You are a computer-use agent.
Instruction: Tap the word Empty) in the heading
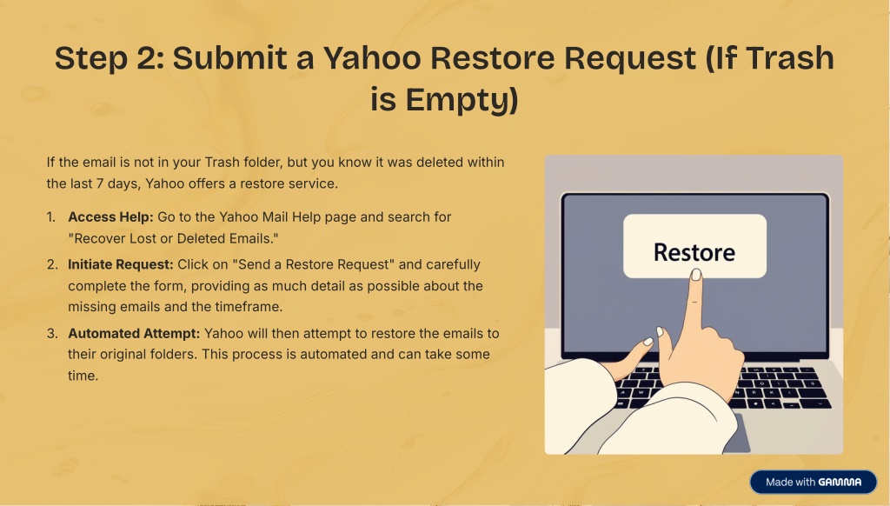pyautogui.click(x=462, y=100)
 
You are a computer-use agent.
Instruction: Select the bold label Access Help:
pyautogui.click(x=110, y=217)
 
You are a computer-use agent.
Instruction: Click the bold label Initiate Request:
pyautogui.click(x=121, y=264)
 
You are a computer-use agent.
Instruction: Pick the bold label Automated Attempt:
pyautogui.click(x=134, y=333)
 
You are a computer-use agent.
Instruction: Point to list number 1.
pyautogui.click(x=51, y=217)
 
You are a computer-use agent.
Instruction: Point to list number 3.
pyautogui.click(x=52, y=333)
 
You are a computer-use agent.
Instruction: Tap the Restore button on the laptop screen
pyautogui.click(x=694, y=246)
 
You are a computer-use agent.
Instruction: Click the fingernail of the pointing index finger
pyautogui.click(x=696, y=275)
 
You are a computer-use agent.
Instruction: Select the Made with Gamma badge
pyautogui.click(x=814, y=483)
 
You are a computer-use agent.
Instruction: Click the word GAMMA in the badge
pyautogui.click(x=840, y=483)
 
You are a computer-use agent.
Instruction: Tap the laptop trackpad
pyautogui.click(x=737, y=433)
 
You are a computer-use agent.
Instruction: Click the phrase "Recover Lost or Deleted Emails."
pyautogui.click(x=173, y=238)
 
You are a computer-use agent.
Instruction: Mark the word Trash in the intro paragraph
pyautogui.click(x=222, y=163)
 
